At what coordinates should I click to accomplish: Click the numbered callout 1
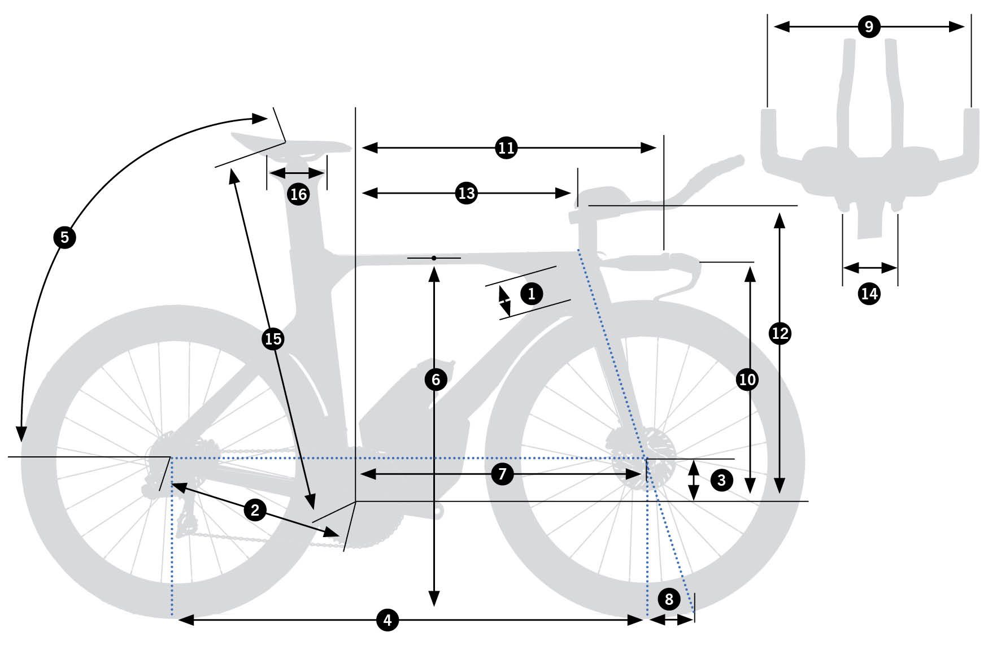click(x=531, y=294)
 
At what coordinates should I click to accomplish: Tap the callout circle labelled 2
click(x=255, y=511)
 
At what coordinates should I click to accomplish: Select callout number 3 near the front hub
click(x=721, y=480)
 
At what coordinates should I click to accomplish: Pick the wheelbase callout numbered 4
click(x=388, y=620)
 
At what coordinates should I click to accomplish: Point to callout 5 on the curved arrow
click(x=64, y=237)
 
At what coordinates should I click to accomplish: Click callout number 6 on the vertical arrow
click(x=435, y=380)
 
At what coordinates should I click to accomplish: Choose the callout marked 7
click(x=502, y=474)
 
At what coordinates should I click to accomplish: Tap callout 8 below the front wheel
click(x=669, y=599)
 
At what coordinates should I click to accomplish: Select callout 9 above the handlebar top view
click(x=869, y=27)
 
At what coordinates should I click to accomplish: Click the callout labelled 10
click(x=747, y=380)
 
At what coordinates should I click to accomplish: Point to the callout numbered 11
click(x=506, y=148)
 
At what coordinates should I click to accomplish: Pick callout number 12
click(x=780, y=333)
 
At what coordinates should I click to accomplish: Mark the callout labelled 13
click(x=467, y=193)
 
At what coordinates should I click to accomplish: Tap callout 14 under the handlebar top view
click(x=869, y=294)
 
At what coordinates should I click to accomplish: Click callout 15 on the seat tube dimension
click(x=273, y=339)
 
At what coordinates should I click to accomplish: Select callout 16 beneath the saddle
click(x=298, y=194)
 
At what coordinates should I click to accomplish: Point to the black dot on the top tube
click(x=434, y=258)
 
